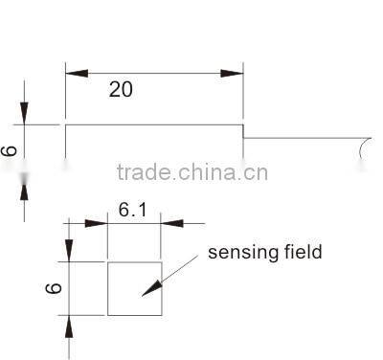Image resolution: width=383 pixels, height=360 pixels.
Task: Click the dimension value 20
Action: (x=121, y=90)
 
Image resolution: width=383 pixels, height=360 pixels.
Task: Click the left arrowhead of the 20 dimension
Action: (x=76, y=73)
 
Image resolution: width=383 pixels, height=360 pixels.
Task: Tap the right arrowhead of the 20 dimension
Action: (x=233, y=73)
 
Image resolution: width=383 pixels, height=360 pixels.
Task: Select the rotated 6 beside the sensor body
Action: (x=10, y=150)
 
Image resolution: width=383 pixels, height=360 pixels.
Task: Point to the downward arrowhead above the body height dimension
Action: (x=24, y=113)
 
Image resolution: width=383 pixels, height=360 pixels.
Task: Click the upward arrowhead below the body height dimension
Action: (x=24, y=185)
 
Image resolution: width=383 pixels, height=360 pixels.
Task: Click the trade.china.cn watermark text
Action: (x=191, y=173)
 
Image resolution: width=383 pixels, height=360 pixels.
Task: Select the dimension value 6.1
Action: (x=133, y=207)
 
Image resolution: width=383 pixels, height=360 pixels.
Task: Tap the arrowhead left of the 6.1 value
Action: (x=97, y=223)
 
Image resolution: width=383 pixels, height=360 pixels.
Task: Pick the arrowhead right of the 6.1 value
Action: (x=171, y=223)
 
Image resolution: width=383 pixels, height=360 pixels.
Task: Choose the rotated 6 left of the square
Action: (x=54, y=287)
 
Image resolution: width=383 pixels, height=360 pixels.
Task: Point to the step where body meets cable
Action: (x=243, y=131)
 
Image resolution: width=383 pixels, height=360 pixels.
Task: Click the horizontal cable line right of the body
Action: (x=302, y=138)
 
